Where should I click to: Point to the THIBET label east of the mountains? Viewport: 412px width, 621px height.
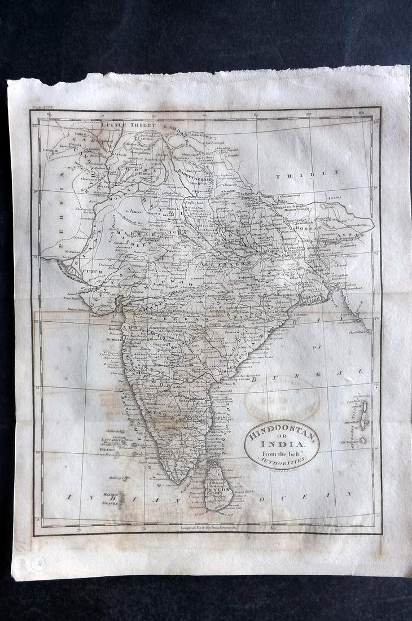click(308, 176)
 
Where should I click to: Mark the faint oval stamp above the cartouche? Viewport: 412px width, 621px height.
click(282, 399)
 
